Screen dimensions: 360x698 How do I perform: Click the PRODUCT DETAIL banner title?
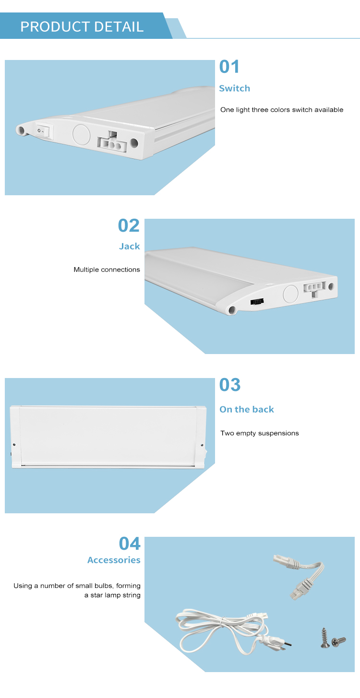82,26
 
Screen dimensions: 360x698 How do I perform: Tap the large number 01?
229,67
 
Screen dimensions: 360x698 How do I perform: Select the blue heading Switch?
234,88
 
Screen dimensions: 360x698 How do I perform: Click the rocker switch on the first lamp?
43,131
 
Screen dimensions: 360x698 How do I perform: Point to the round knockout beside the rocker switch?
81,135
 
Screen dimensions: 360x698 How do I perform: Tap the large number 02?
129,225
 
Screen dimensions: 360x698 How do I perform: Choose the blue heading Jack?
129,246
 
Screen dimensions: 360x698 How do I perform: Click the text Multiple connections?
107,270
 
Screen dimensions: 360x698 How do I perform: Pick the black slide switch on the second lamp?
257,302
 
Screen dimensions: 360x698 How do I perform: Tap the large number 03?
230,385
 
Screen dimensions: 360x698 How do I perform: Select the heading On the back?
247,409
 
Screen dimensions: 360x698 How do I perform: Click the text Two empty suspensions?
260,433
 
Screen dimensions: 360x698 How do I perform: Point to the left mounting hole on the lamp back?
14,444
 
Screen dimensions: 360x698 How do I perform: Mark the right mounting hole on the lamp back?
202,445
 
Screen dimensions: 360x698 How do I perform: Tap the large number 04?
130,544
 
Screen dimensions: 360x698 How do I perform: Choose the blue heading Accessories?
114,560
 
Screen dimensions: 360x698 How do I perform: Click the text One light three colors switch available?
282,110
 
